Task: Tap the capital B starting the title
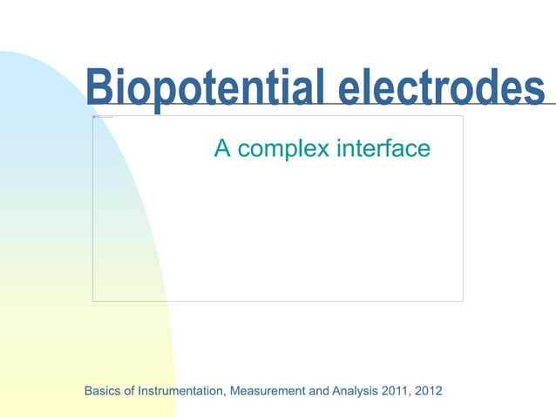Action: point(101,88)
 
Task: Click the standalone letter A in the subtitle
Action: point(222,149)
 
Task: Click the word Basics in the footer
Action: point(102,390)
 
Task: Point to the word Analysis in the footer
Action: point(355,390)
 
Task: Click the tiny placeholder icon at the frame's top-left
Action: point(102,116)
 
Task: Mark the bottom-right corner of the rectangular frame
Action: point(463,301)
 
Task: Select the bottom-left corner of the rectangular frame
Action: point(92,301)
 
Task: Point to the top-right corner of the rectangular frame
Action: point(463,115)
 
